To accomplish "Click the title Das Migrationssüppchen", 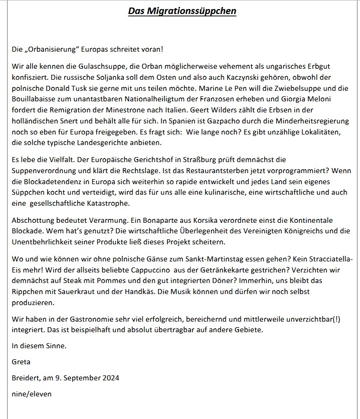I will coord(182,11).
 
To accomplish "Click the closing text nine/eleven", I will coord(32,393).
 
